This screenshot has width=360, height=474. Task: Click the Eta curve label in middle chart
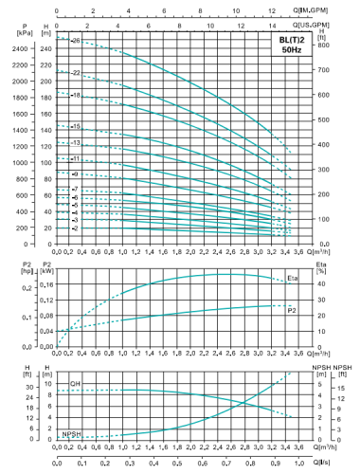292,279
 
